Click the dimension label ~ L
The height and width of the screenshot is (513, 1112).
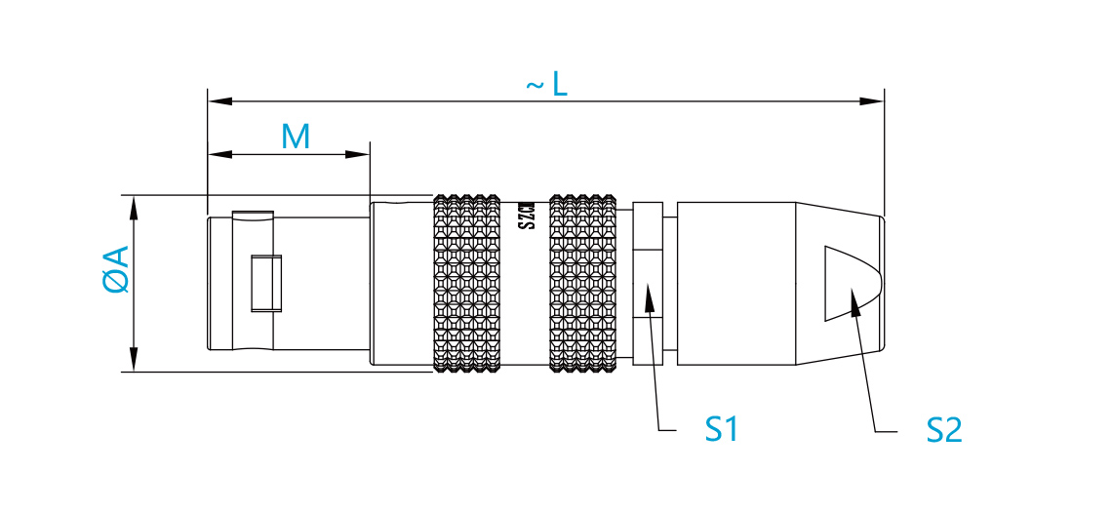coord(547,86)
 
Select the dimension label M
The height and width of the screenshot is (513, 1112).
coord(296,137)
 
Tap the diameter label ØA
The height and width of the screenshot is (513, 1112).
coord(116,269)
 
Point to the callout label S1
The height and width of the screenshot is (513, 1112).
coord(722,428)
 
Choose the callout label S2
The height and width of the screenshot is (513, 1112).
coord(944,429)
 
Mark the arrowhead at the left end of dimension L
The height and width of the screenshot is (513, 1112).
coord(219,101)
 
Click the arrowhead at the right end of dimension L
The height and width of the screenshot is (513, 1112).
coord(872,101)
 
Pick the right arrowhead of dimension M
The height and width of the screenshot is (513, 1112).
coord(357,155)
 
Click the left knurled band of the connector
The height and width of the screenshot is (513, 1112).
coord(467,283)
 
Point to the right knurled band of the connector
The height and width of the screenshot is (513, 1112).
coord(583,283)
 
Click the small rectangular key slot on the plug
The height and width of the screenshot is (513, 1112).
coord(266,283)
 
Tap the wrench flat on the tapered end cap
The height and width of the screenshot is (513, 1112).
coord(852,283)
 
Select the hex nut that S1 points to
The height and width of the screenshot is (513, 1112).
coord(649,283)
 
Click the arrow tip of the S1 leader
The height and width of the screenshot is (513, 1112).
coord(647,285)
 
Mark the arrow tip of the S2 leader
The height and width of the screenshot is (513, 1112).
coord(853,289)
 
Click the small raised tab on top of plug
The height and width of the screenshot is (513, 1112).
coord(253,215)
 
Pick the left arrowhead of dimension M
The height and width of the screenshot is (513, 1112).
coord(219,155)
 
